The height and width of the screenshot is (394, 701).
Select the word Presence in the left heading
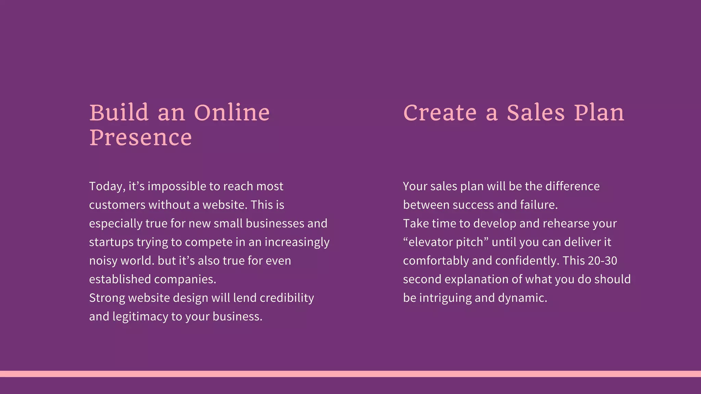(x=140, y=137)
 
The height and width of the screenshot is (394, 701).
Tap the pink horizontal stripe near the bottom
(x=350, y=374)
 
